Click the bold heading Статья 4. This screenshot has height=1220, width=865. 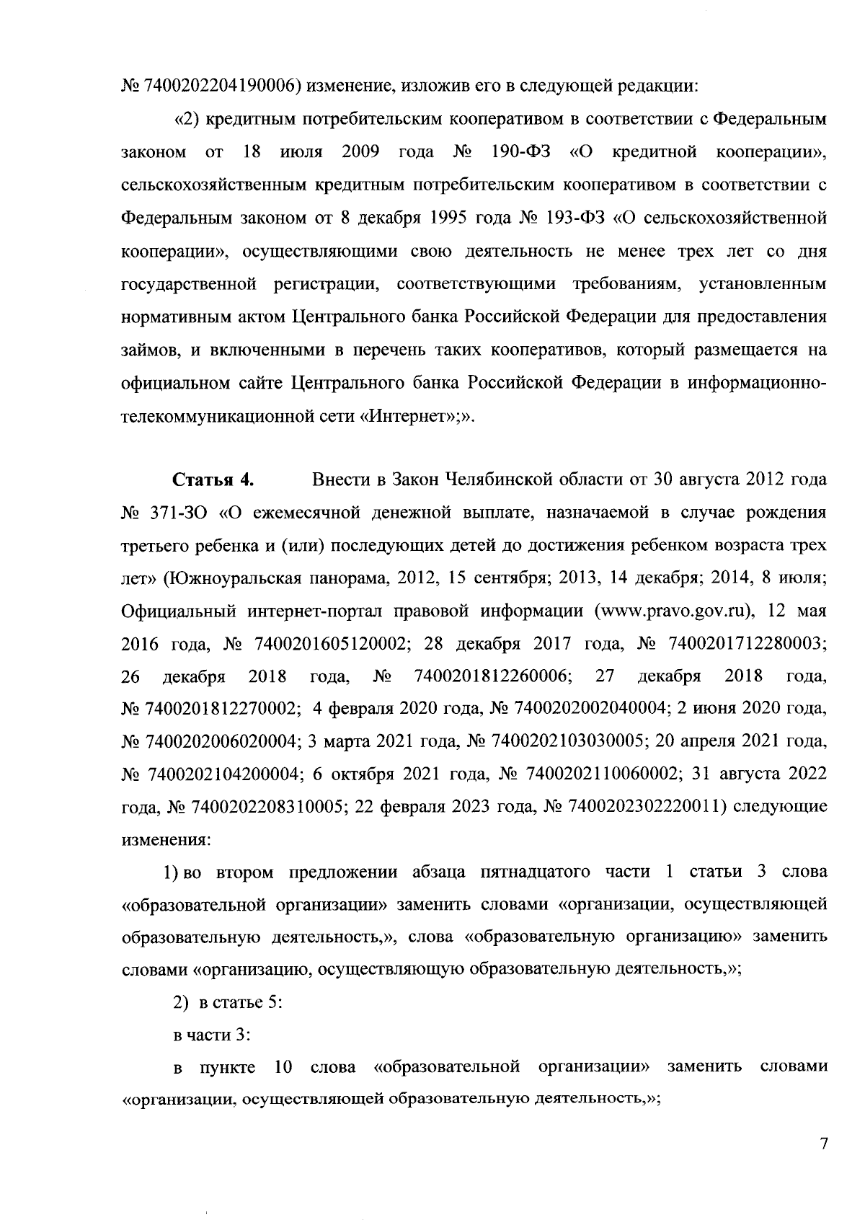213,480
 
